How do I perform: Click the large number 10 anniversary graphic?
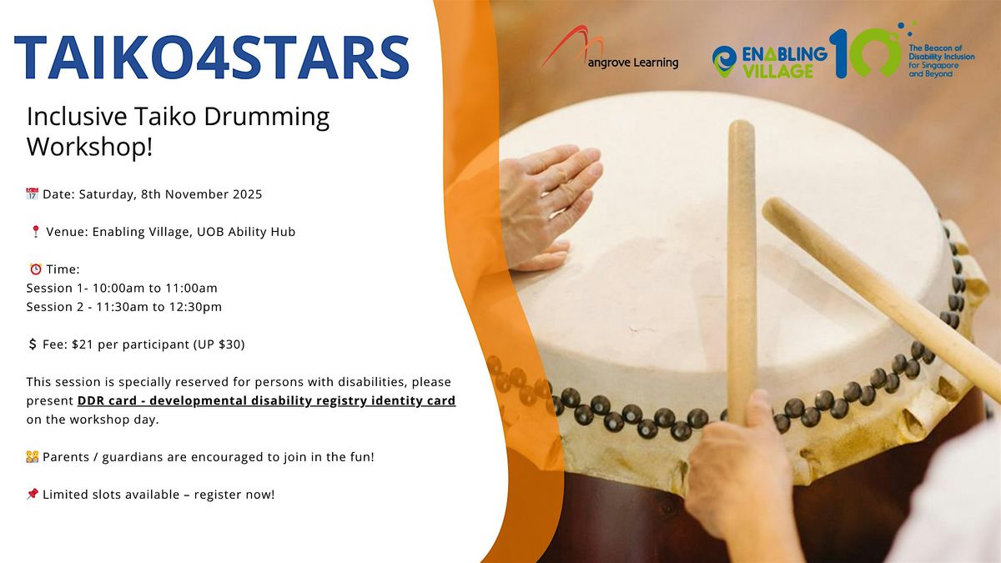(863, 52)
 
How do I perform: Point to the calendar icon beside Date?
(33, 194)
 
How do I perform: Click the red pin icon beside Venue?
(34, 232)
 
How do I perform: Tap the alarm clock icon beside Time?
(35, 269)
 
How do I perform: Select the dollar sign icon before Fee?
(33, 344)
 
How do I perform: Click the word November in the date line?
(187, 194)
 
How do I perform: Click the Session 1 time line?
(122, 288)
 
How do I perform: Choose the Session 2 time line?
(123, 307)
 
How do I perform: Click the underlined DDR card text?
(266, 400)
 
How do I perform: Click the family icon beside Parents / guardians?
(33, 457)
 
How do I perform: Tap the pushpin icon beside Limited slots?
(33, 495)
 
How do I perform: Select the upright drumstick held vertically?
(741, 267)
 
